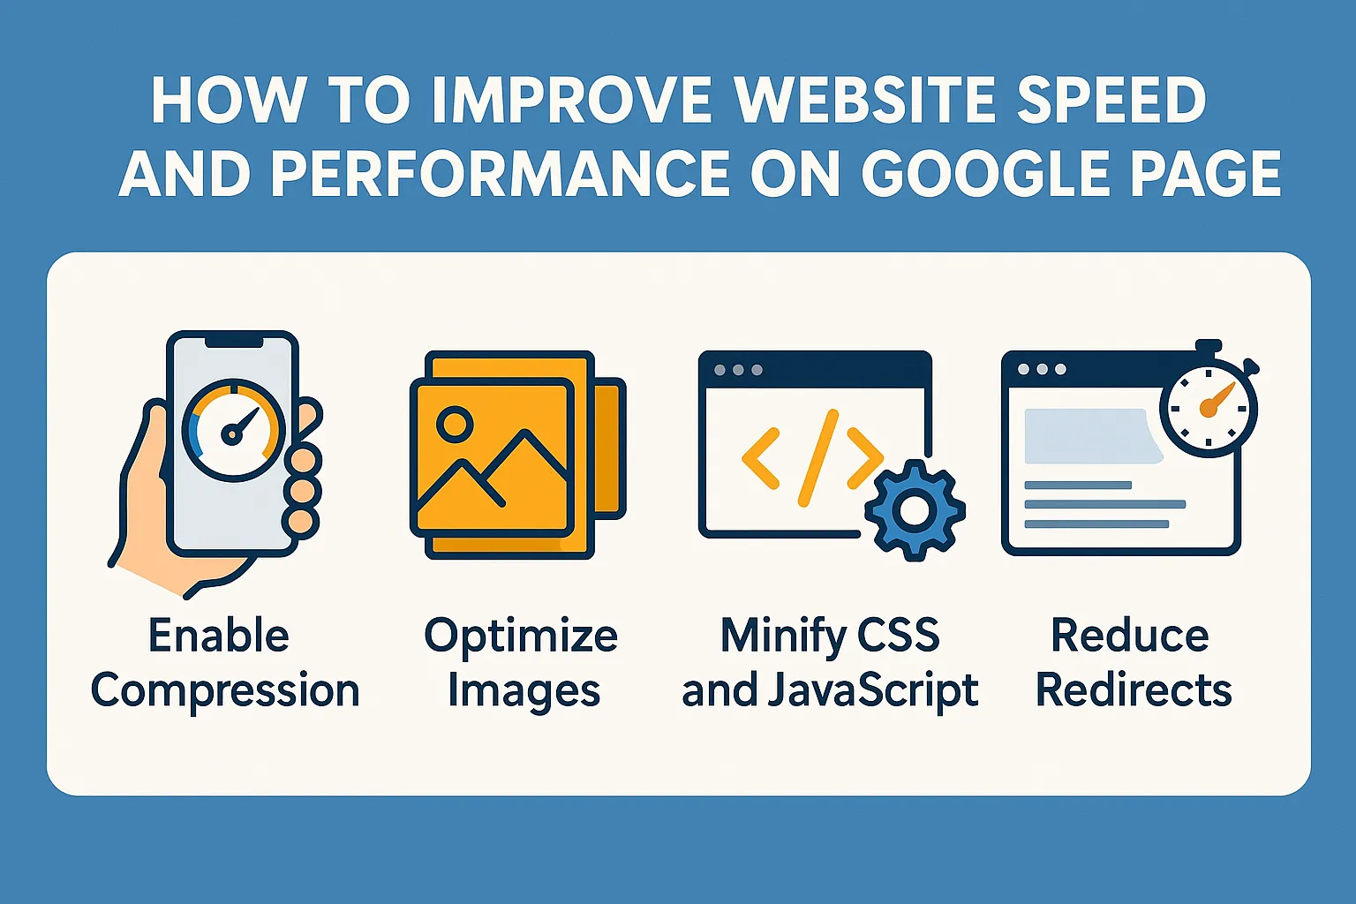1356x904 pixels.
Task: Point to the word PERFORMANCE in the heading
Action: pyautogui.click(x=500, y=174)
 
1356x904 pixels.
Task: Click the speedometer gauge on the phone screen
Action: pyautogui.click(x=233, y=431)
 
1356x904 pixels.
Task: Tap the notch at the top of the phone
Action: pyautogui.click(x=234, y=343)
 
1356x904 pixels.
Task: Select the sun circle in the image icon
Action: pyautogui.click(x=455, y=423)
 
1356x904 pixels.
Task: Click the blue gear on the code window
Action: pyautogui.click(x=915, y=510)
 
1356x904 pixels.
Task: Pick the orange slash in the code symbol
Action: pyautogui.click(x=817, y=458)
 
